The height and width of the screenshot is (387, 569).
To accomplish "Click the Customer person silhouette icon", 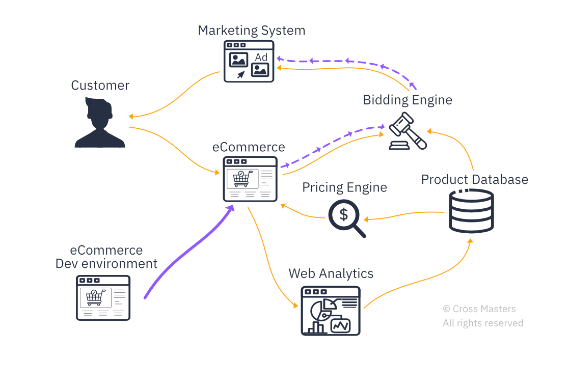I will point(100,123).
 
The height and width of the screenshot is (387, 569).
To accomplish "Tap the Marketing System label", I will point(251,31).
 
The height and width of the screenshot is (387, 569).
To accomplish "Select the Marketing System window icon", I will point(249,61).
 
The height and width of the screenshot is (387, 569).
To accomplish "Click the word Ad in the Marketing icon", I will point(261,58).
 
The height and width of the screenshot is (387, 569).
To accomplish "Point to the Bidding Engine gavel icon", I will point(408,131).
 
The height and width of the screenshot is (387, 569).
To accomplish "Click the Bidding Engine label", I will point(407,100).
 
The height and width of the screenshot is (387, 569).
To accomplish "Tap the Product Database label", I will point(474,180).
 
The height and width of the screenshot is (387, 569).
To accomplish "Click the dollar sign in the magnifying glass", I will point(344,214).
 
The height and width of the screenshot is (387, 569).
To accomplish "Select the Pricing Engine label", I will point(344,187).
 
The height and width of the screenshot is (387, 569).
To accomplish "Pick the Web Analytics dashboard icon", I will point(331,310).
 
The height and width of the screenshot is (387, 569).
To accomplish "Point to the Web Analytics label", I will point(331,273).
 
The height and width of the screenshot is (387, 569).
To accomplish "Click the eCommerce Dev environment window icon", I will point(103,297).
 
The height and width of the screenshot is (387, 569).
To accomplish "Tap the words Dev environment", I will point(106,264).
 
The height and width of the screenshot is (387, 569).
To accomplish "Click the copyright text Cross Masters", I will point(479,309).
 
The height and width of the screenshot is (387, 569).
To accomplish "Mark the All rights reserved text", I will point(482,323).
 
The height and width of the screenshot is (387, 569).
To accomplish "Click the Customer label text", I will point(100,86).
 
